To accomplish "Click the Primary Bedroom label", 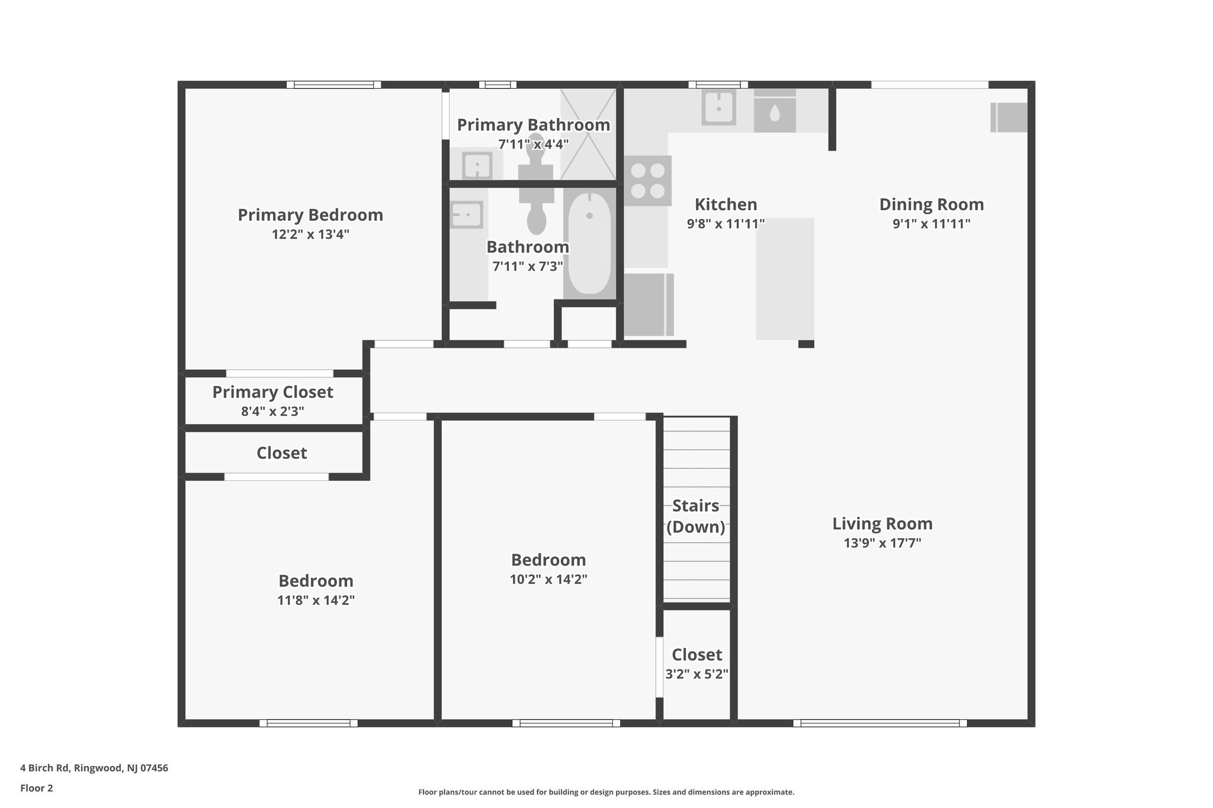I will pos(310,215).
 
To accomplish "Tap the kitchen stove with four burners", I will pos(647,181).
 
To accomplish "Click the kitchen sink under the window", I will pos(718,107).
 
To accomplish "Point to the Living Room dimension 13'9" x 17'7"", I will pos(882,543).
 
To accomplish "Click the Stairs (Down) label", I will pos(696,516).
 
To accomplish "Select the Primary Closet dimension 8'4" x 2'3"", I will pos(272,411).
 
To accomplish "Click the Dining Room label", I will pos(931,204).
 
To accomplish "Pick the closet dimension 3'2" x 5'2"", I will pos(697,674).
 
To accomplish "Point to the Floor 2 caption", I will pos(37,788).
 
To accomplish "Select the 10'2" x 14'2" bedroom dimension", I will pos(548,579).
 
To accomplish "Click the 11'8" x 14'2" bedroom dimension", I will pos(316,600).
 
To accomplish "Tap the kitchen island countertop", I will pos(785,278).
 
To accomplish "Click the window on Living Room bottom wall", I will pos(880,723).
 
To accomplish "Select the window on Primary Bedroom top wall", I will pos(334,85).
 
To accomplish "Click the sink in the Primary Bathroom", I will pos(477,165).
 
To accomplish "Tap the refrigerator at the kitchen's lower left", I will pos(649,304).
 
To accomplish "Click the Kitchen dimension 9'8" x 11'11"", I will pos(726,224).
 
